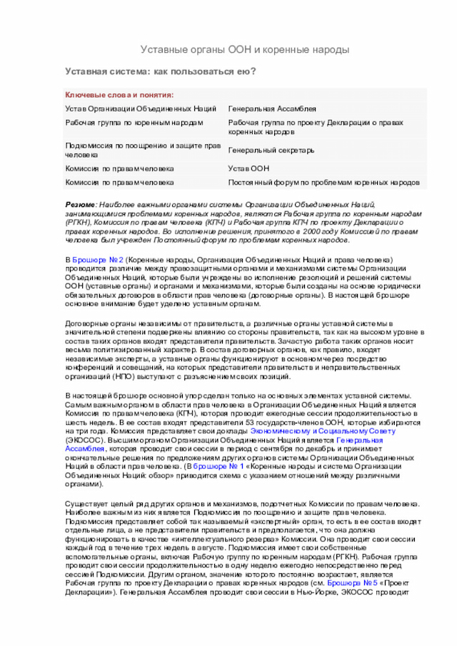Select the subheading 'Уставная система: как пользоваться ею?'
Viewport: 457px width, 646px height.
(x=161, y=71)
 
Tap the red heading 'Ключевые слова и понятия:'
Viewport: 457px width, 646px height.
(x=119, y=95)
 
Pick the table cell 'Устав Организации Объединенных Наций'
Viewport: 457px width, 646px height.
(x=141, y=108)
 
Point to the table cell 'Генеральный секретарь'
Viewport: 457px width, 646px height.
(x=271, y=151)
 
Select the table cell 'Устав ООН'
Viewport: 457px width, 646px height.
(x=248, y=169)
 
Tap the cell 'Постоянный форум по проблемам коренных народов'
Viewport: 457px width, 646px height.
(x=323, y=183)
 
